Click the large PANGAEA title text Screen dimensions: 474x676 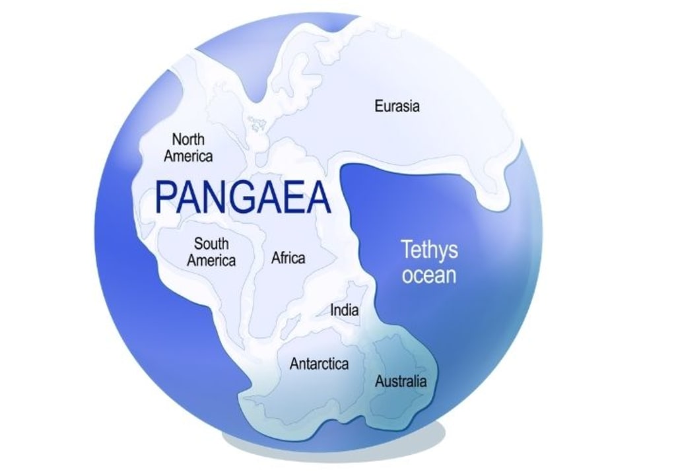242,197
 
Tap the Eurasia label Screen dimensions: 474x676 397,106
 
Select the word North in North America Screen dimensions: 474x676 188,139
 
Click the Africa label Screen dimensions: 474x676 288,257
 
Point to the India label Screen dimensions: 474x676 345,310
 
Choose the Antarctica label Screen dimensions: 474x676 319,364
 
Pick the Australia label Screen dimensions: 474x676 401,381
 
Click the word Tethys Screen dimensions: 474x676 429,250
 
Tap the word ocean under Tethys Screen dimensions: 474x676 429,274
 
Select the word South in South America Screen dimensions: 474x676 211,244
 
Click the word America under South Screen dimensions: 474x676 211,260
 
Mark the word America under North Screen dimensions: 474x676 188,156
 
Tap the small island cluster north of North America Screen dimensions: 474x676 256,121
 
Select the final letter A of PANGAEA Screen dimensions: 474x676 318,197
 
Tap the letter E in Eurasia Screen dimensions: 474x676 378,106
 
